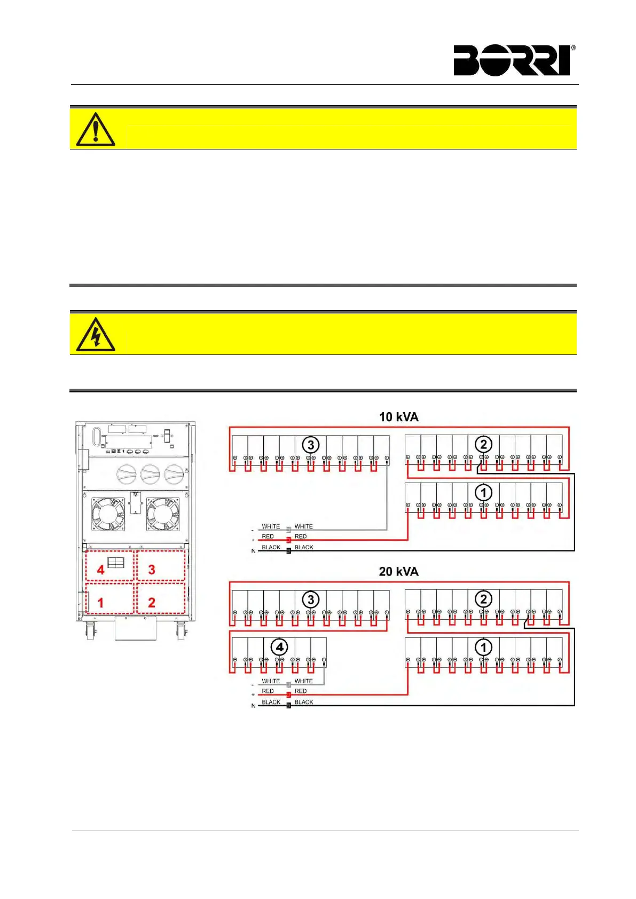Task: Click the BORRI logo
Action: click(512, 60)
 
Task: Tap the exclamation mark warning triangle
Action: click(96, 130)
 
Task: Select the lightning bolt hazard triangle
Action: click(96, 335)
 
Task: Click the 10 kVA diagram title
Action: click(398, 417)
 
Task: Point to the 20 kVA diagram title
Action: click(398, 572)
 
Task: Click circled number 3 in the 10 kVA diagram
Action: click(311, 445)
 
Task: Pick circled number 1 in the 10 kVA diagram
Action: click(483, 492)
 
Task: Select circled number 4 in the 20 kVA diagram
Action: click(279, 648)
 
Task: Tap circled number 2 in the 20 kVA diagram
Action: click(483, 599)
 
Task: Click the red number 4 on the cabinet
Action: click(100, 570)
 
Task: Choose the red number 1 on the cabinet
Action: click(100, 603)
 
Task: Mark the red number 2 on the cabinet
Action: click(152, 603)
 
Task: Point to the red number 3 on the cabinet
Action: click(152, 570)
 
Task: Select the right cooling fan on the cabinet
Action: click(163, 514)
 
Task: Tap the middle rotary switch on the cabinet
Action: click(150, 474)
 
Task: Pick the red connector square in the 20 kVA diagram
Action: click(288, 695)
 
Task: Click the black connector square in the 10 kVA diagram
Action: click(288, 550)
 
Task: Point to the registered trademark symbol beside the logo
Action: click(574, 48)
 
